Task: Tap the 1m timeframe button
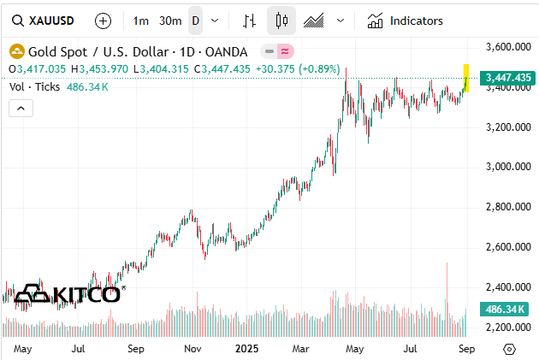(141, 21)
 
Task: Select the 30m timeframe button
(171, 21)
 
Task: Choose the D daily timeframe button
(196, 21)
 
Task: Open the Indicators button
(406, 21)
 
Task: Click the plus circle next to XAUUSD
(103, 21)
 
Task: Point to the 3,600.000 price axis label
(503, 47)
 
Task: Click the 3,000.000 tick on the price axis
(503, 167)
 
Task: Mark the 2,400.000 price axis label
(503, 287)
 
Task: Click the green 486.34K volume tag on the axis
(505, 308)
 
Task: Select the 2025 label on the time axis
(246, 349)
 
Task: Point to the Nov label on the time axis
(192, 349)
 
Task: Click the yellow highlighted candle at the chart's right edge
(466, 78)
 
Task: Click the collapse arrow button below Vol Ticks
(21, 108)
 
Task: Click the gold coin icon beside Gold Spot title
(15, 51)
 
